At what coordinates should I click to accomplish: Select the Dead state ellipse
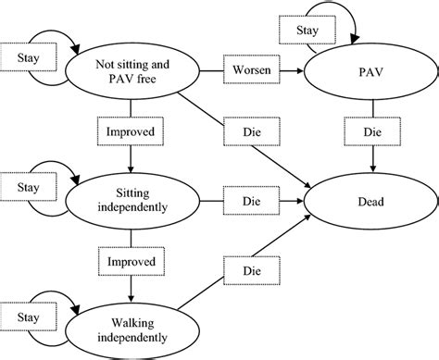(x=372, y=199)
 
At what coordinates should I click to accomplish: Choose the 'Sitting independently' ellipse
(x=132, y=199)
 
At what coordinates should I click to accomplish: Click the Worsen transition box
(x=251, y=70)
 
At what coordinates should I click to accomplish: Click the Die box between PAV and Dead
(x=372, y=132)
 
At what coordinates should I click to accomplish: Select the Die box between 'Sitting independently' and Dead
(x=251, y=199)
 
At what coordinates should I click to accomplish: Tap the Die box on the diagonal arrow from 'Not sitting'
(x=250, y=132)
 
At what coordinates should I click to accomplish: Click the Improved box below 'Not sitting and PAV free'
(x=132, y=132)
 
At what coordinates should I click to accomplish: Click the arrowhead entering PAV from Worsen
(x=303, y=70)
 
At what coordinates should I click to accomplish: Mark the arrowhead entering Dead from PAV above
(x=372, y=170)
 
